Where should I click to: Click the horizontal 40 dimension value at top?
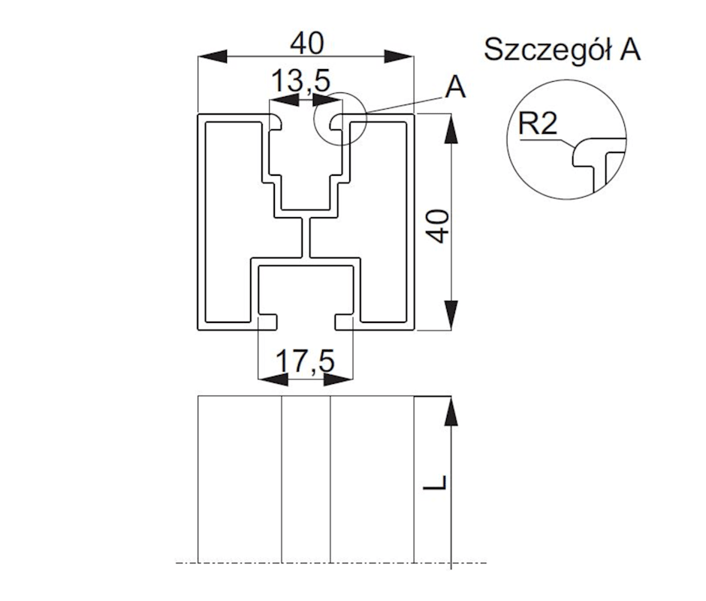point(306,43)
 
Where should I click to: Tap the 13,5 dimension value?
point(302,80)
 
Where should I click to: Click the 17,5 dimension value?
point(305,361)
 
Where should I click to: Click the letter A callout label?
point(455,88)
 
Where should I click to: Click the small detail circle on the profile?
point(339,118)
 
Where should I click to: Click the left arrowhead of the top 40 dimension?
point(211,57)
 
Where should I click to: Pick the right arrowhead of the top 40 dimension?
point(399,57)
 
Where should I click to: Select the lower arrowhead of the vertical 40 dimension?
point(451,314)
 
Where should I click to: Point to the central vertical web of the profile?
point(306,239)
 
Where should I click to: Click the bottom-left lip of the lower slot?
point(269,322)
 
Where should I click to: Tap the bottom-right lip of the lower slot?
point(344,322)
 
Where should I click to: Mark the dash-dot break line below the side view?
point(330,562)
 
